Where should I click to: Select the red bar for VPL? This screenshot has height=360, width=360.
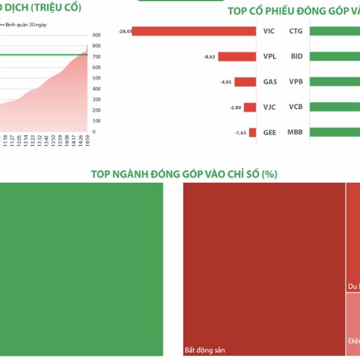(x=237, y=57)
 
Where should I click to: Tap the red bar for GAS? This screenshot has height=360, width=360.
(x=245, y=82)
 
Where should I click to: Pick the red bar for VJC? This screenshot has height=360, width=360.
(x=250, y=107)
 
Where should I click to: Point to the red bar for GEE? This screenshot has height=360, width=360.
(x=253, y=133)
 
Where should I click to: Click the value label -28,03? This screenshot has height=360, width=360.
(x=125, y=31)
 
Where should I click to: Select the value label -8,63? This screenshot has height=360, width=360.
(x=209, y=57)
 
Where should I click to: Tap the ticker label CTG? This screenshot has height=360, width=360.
(x=296, y=31)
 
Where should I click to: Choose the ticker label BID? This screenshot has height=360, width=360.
(x=296, y=57)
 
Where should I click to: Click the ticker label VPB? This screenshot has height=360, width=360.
(x=296, y=82)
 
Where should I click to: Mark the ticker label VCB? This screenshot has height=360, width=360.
(x=296, y=107)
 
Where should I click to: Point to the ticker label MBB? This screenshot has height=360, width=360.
(x=295, y=133)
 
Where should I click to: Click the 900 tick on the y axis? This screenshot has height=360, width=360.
(x=97, y=35)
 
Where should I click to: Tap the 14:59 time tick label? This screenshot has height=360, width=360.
(x=88, y=142)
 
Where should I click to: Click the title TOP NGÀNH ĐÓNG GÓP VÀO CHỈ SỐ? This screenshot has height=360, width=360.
(x=184, y=174)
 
